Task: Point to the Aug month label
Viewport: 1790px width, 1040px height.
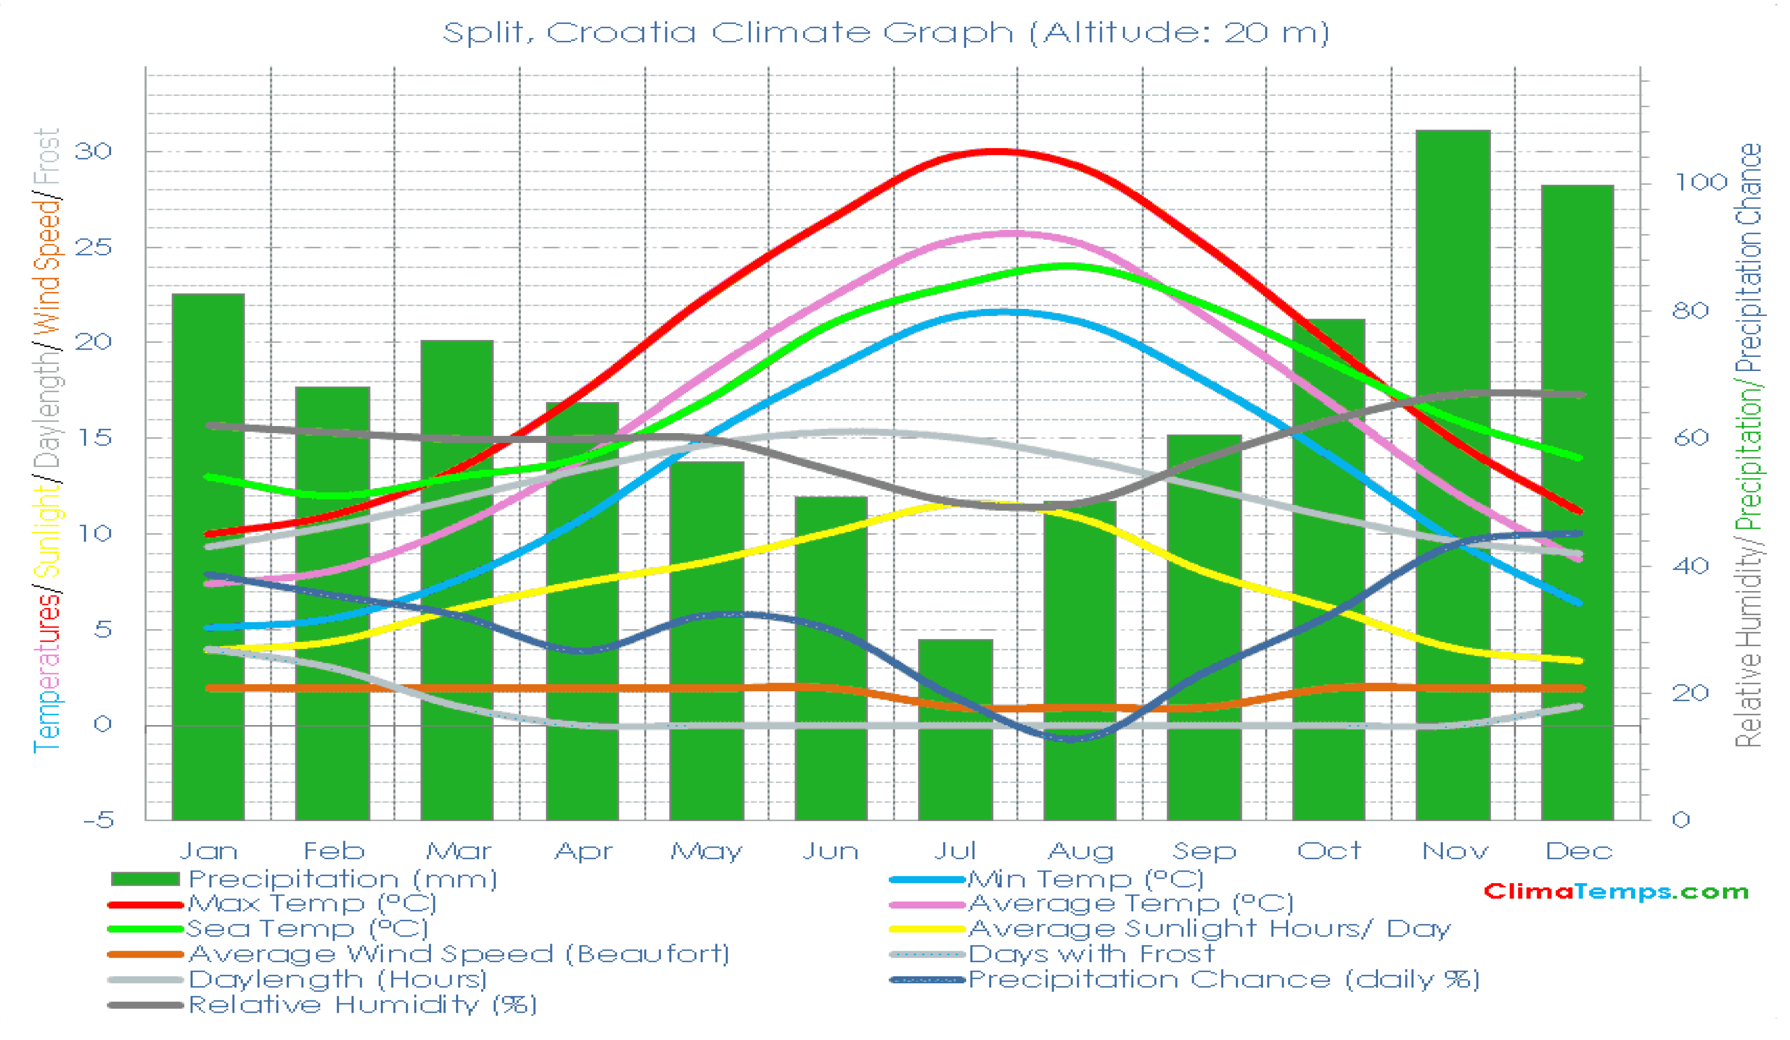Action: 1081,851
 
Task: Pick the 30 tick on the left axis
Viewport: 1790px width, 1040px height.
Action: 94,151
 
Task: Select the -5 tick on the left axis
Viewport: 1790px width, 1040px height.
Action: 98,820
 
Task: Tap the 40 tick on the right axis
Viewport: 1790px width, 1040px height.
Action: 1690,566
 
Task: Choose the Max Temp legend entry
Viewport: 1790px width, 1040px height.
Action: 311,904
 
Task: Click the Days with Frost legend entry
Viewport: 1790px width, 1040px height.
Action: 1090,954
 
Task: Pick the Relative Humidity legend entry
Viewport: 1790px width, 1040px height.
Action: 362,1005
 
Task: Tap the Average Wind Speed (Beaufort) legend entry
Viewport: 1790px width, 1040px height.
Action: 458,954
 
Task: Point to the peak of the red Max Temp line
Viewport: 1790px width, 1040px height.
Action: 998,151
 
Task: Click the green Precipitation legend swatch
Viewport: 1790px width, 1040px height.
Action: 145,879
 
